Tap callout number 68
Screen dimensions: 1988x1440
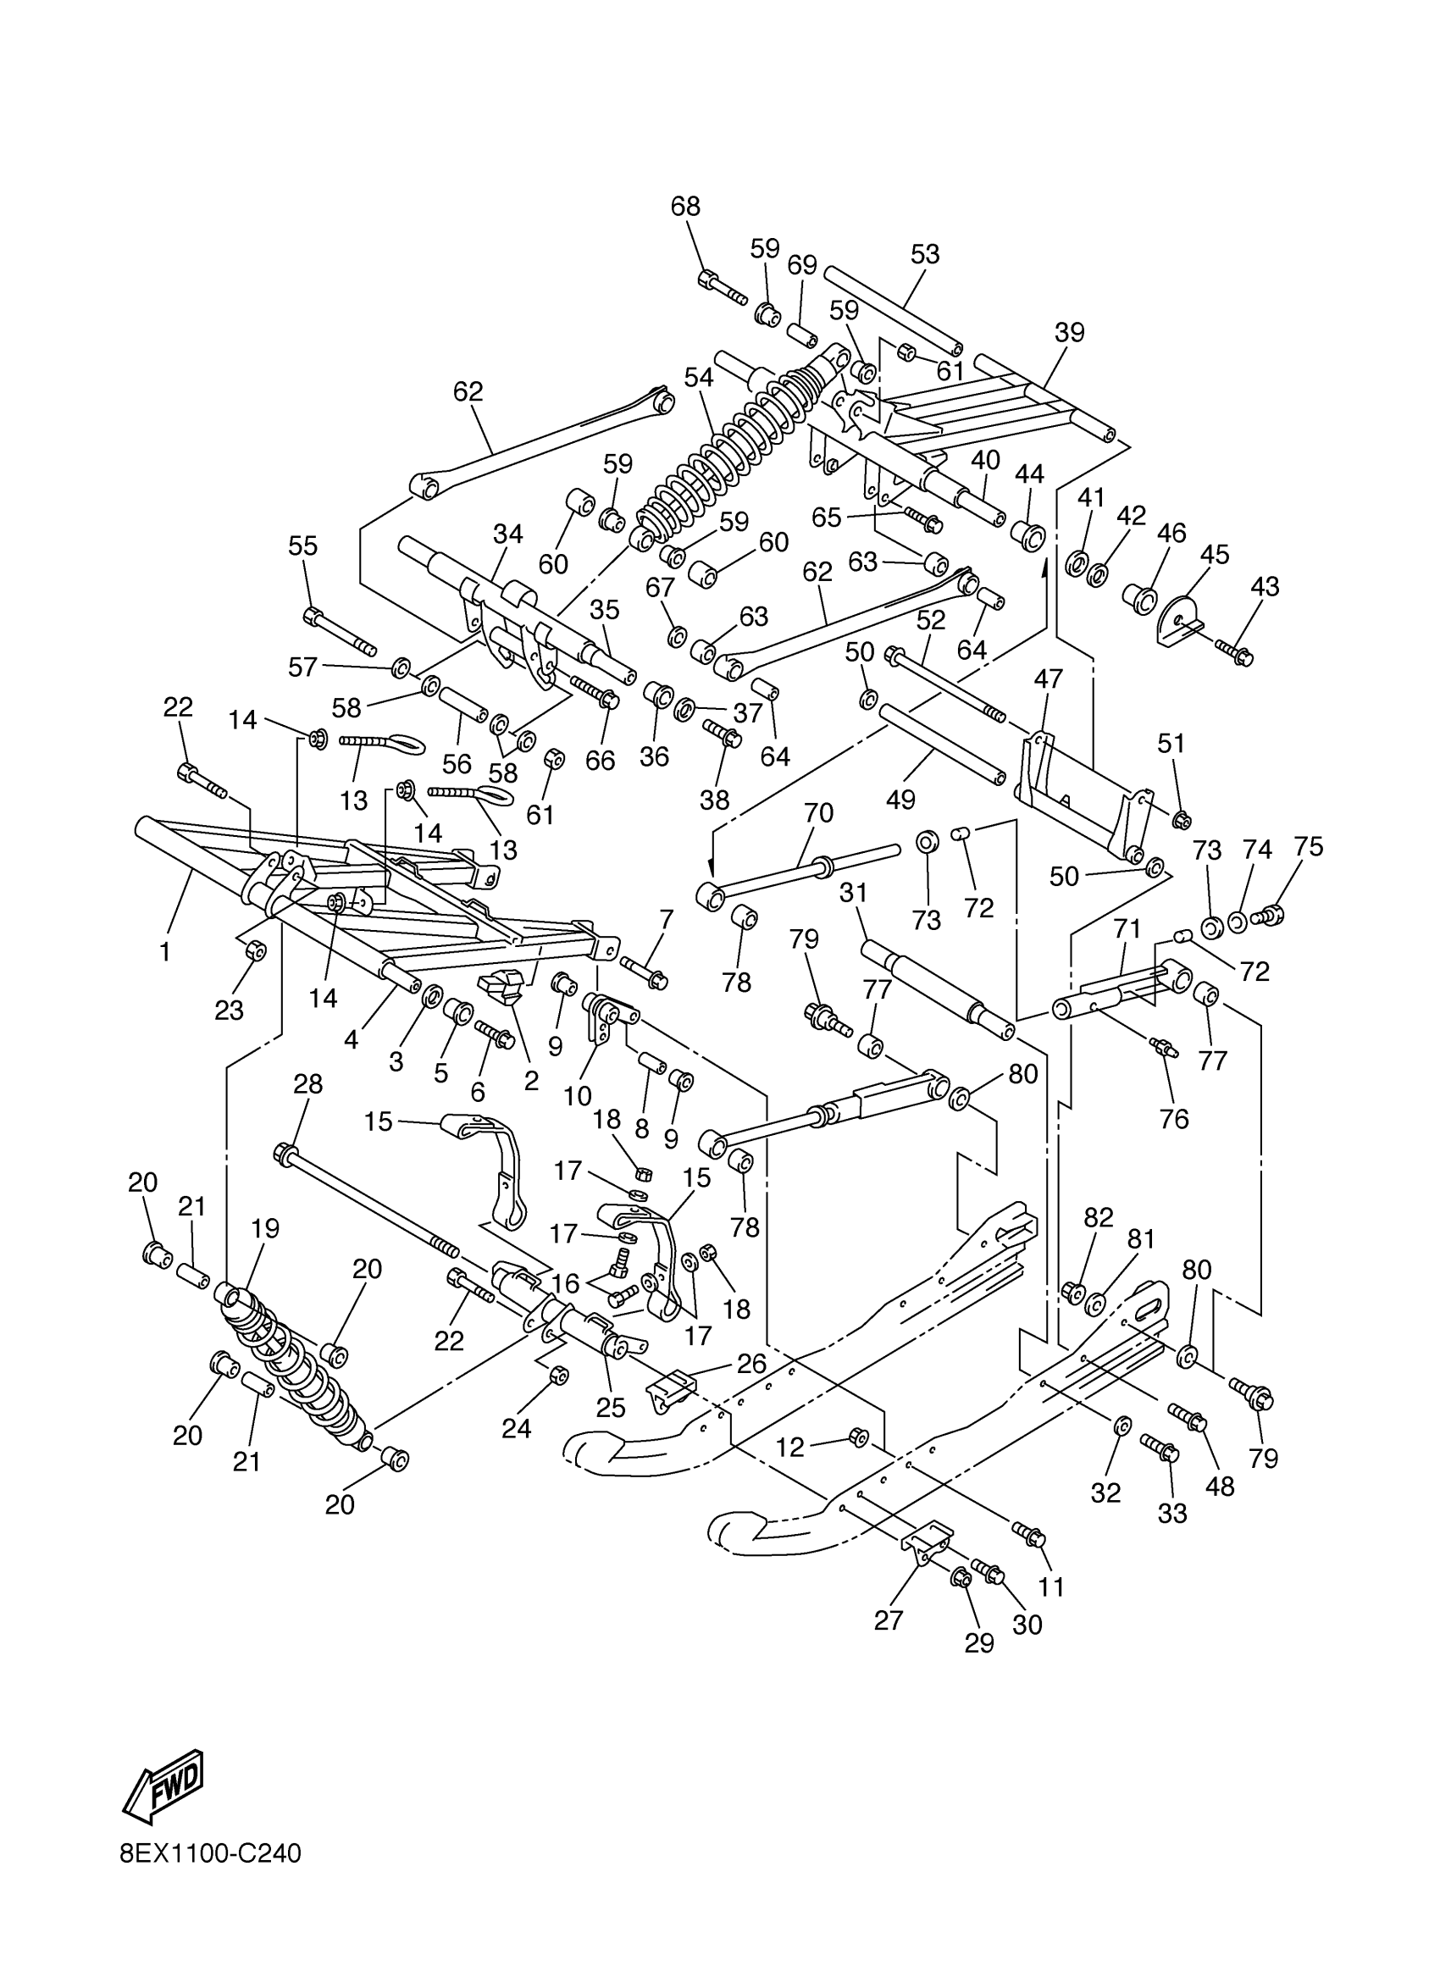pos(685,206)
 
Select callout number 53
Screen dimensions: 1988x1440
pos(925,254)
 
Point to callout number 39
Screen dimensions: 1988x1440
pos(1069,332)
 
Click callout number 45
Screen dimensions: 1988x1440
pos(1214,554)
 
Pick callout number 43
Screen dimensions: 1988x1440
pos(1265,586)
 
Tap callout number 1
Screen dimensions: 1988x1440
pos(165,951)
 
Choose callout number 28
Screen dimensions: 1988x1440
pos(307,1084)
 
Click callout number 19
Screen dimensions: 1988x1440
pos(264,1229)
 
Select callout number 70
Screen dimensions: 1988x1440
pos(817,812)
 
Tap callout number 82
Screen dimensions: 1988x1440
pos(1098,1217)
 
